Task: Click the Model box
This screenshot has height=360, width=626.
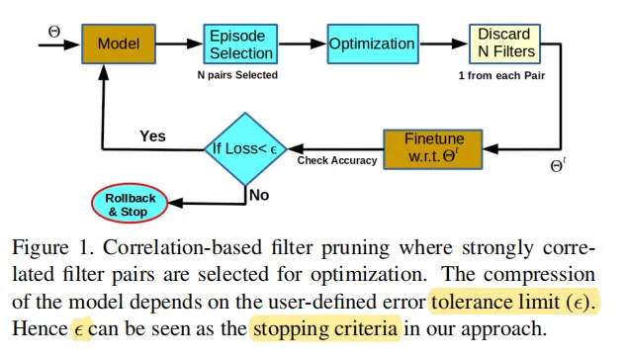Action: point(118,44)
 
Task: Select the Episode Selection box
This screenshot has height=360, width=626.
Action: point(241,45)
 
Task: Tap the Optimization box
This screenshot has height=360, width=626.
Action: point(372,44)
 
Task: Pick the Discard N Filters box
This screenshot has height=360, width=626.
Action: point(504,44)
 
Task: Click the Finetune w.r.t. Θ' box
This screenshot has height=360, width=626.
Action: point(434,148)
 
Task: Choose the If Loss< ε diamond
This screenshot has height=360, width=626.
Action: point(244,149)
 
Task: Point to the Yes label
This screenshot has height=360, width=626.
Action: point(152,135)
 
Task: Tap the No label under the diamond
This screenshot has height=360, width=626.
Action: point(259,195)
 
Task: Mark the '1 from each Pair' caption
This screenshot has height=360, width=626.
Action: point(502,75)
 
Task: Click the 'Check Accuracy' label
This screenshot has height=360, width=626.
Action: point(337,160)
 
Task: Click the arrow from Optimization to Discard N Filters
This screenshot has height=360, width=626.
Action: point(445,44)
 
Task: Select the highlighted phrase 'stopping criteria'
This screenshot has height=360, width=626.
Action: point(325,327)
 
